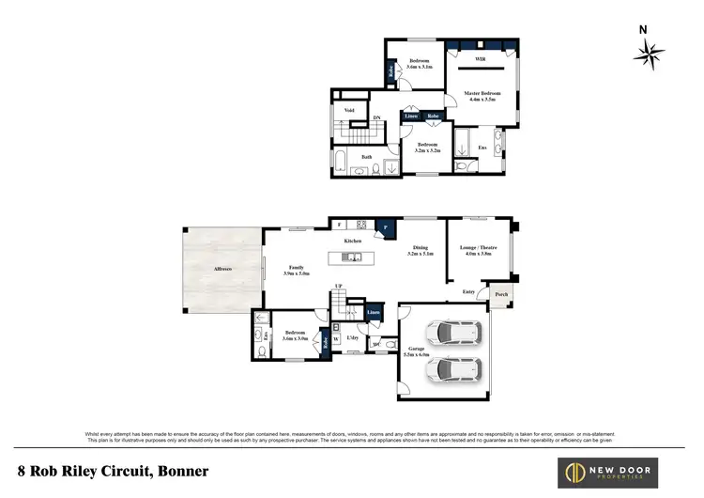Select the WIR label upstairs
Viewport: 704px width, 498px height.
point(480,57)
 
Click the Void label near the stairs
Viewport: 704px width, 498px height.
point(349,110)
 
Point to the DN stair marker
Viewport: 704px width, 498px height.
point(376,117)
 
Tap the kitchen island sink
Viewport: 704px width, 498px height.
point(356,257)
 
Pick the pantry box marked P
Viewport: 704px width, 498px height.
point(384,226)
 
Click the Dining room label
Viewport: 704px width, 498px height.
point(419,248)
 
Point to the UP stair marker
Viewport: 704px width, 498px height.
point(338,287)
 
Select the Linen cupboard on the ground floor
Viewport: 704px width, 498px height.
point(374,311)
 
